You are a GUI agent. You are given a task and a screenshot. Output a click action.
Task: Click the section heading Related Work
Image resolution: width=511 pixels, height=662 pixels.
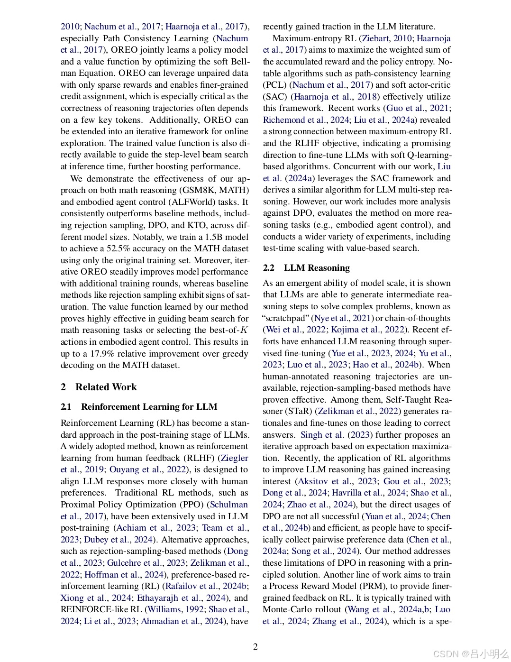tap(106, 387)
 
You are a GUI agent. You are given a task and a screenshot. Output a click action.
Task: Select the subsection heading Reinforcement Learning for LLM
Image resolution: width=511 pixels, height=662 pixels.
tap(149, 407)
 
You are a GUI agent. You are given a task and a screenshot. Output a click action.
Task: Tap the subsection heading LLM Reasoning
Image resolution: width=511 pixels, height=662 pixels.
tap(317, 268)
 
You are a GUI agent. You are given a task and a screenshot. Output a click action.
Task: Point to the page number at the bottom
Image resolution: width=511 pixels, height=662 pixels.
tap(255, 646)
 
